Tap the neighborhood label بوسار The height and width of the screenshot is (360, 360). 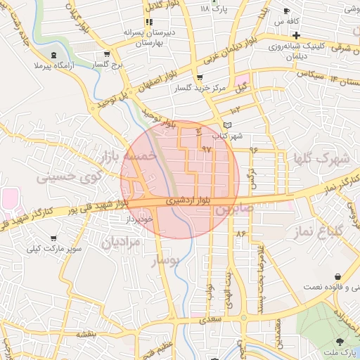click(167, 262)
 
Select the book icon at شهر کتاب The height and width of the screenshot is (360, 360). click(226, 125)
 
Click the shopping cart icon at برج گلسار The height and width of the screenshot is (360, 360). click(106, 54)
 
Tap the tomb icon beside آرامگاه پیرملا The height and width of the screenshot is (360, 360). click(55, 55)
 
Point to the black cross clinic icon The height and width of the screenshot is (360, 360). click(296, 35)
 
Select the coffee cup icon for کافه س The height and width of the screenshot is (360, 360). click(286, 11)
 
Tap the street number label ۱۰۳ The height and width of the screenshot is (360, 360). click(234, 110)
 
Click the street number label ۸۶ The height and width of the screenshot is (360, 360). click(243, 233)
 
